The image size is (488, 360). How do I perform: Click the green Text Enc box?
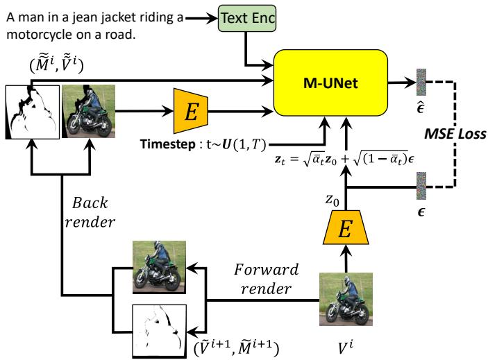pyautogui.click(x=247, y=19)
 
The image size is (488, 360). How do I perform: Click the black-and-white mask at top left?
pyautogui.click(x=31, y=112)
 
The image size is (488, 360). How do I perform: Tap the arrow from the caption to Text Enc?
pyautogui.click(x=202, y=19)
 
